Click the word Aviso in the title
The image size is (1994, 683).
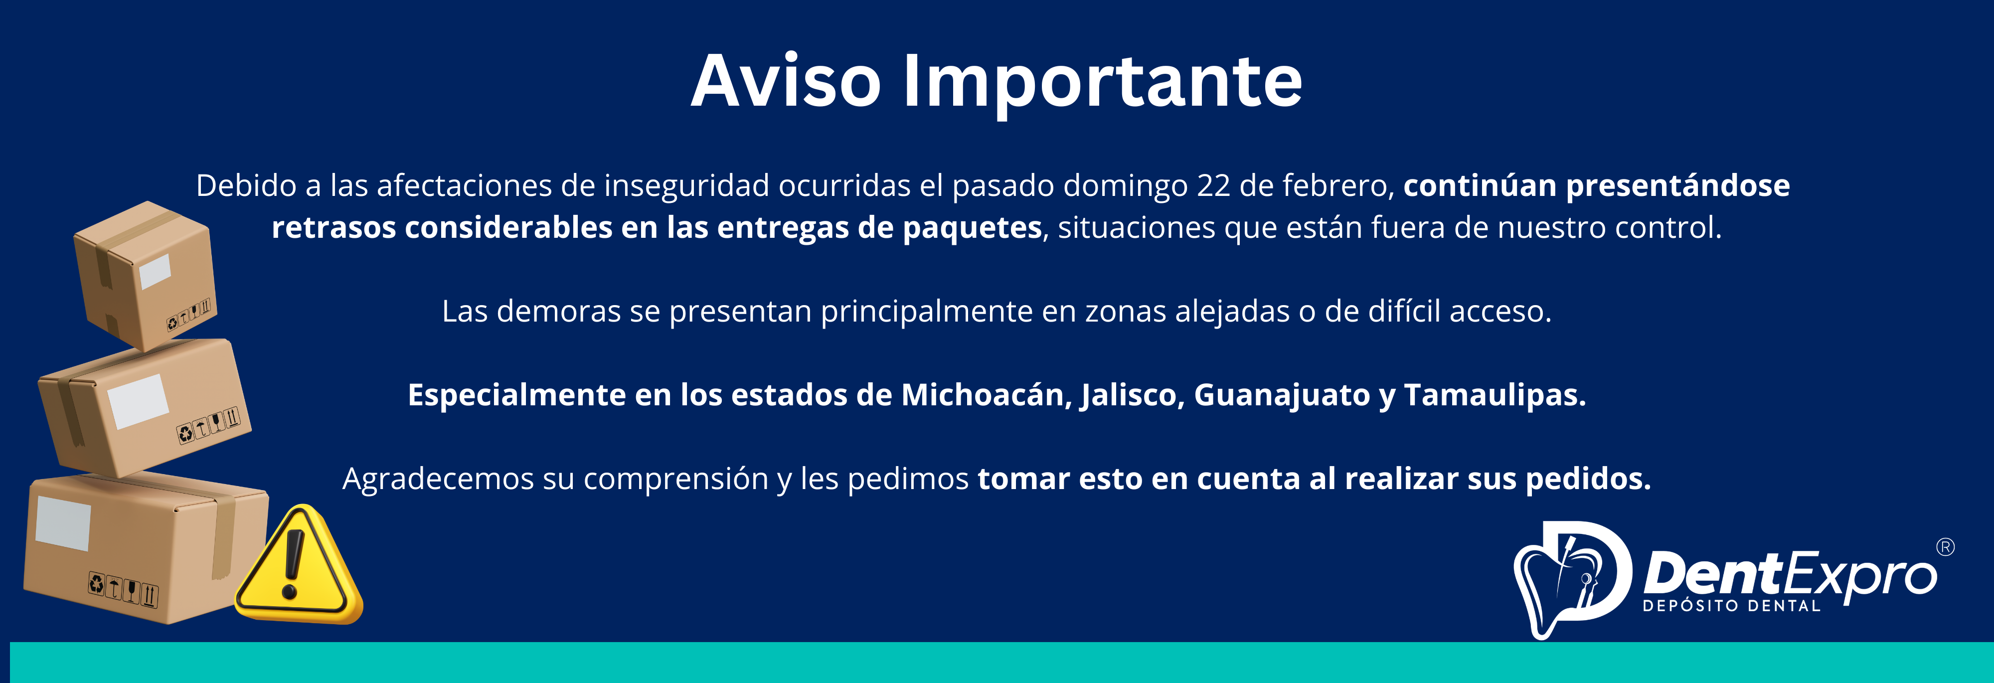coord(786,81)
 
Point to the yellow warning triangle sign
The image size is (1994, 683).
coord(299,565)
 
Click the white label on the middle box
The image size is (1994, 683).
coord(138,402)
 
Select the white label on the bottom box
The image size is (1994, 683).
coord(63,523)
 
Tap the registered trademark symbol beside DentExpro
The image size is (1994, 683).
coord(1945,547)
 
